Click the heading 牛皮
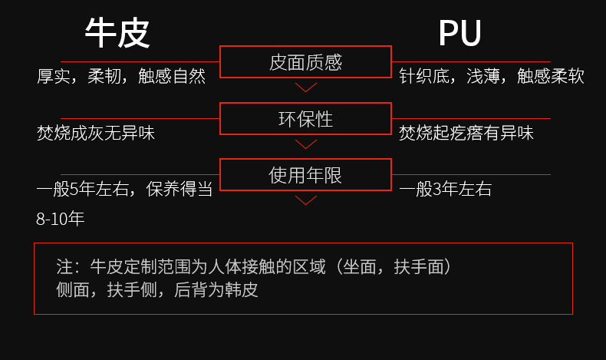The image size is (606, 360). pyautogui.click(x=117, y=34)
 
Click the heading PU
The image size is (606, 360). pyautogui.click(x=459, y=34)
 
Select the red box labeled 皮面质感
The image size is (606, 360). pyautogui.click(x=305, y=62)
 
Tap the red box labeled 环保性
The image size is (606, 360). pyautogui.click(x=305, y=119)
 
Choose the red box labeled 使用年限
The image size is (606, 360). pyautogui.click(x=305, y=175)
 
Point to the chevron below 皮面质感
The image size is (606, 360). pyautogui.click(x=306, y=87)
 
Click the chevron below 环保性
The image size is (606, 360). pyautogui.click(x=306, y=144)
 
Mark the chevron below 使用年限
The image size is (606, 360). pyautogui.click(x=306, y=200)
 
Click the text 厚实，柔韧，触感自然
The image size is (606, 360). pyautogui.click(x=121, y=77)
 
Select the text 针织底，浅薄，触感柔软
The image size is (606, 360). pyautogui.click(x=491, y=77)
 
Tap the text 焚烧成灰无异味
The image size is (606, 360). pyautogui.click(x=96, y=133)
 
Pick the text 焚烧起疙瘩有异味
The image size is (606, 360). pyautogui.click(x=466, y=133)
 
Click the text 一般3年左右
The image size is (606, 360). pyautogui.click(x=445, y=190)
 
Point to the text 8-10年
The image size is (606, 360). pyautogui.click(x=60, y=219)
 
